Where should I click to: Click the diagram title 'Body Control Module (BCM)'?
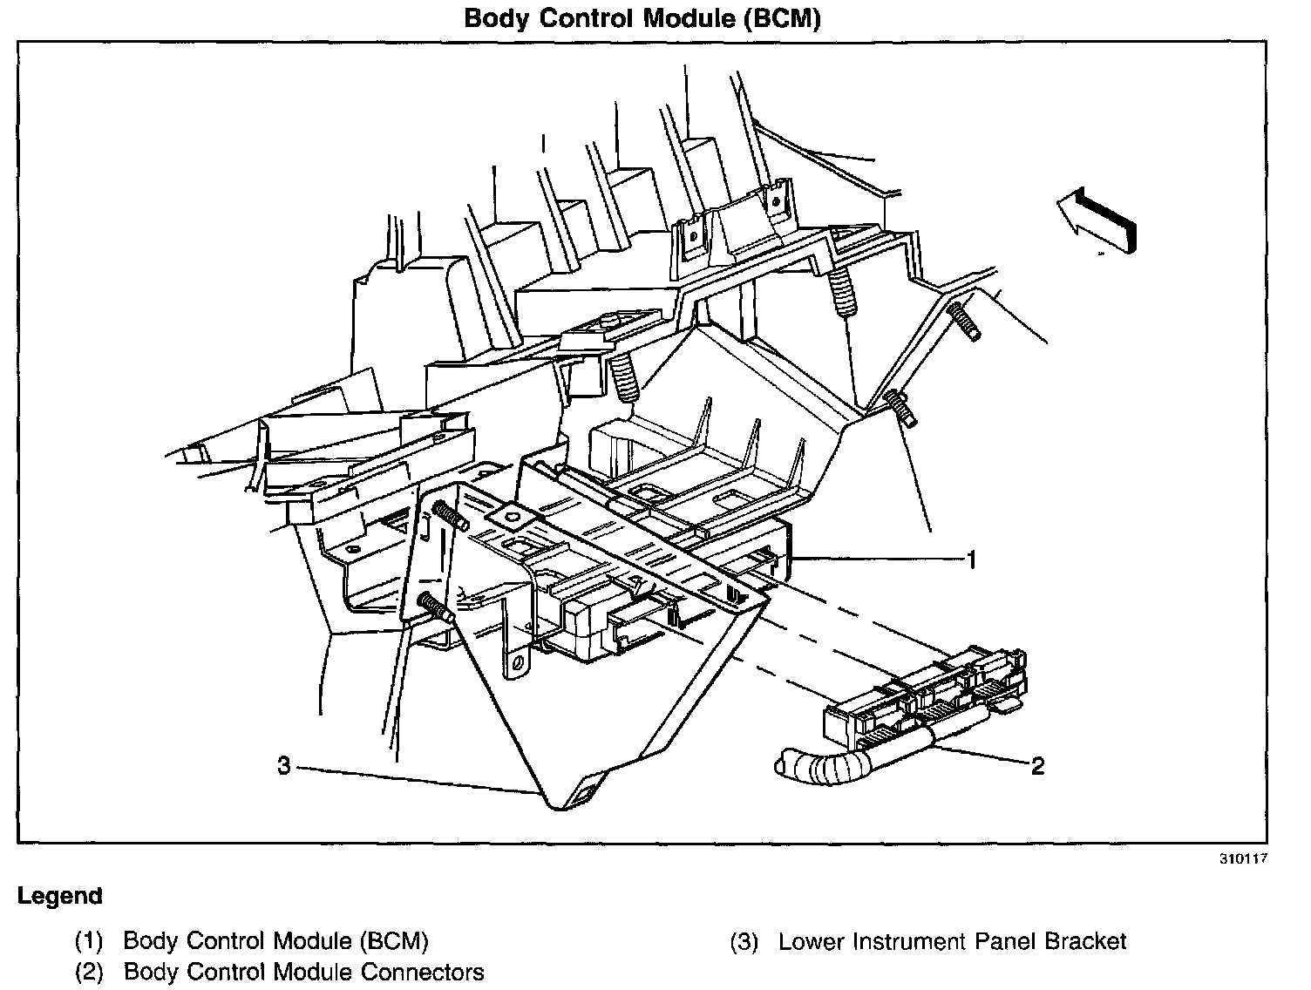click(x=642, y=18)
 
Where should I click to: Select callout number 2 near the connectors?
click(x=1037, y=766)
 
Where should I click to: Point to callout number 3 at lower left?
click(x=283, y=767)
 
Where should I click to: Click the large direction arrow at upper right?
click(x=1097, y=220)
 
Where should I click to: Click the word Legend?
click(x=60, y=896)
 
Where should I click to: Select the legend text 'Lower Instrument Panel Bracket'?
click(x=952, y=941)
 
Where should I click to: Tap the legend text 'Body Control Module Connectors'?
click(x=303, y=971)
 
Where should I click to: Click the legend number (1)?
click(x=89, y=941)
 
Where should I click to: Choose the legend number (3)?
click(x=744, y=941)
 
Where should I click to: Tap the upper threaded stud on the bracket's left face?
click(x=450, y=516)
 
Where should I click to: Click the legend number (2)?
click(x=89, y=971)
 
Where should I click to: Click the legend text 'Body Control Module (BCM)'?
click(x=275, y=941)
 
